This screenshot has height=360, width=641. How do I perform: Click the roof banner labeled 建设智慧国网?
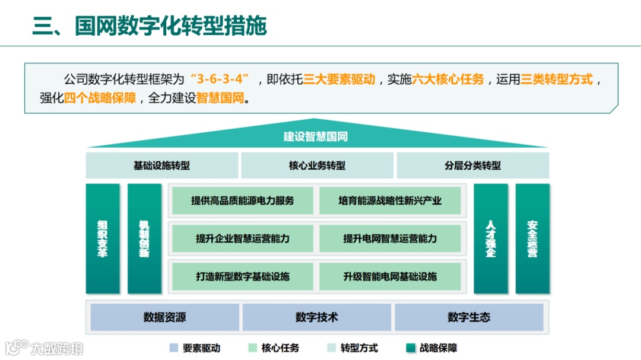point(315,137)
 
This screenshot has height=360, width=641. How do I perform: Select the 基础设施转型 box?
point(162,165)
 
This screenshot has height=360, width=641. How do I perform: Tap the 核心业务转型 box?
point(317,165)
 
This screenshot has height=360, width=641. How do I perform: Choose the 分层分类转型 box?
point(472,165)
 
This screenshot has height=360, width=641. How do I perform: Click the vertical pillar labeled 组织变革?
point(103,238)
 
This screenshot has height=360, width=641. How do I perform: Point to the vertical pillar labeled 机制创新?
point(144,238)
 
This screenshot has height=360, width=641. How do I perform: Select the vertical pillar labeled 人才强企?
point(490,238)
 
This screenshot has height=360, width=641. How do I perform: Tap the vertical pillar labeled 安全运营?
point(532,238)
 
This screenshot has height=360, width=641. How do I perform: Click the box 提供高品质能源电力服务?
point(243,200)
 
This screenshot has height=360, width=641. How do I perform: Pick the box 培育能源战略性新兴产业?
point(390,200)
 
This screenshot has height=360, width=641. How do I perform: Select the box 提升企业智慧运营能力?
point(243,238)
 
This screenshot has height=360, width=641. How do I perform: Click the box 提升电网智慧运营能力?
point(390,238)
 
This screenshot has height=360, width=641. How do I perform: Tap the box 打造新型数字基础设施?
point(243,276)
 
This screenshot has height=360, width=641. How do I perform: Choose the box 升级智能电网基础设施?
point(390,276)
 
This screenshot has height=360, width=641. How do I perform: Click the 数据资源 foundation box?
point(164,317)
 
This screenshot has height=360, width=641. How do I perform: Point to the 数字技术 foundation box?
point(316,317)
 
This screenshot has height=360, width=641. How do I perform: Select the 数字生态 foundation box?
point(469,317)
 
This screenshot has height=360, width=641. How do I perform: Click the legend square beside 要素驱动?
point(173,348)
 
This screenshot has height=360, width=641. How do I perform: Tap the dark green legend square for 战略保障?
point(410,348)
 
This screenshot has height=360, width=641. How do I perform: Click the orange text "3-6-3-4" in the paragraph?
point(219,79)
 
